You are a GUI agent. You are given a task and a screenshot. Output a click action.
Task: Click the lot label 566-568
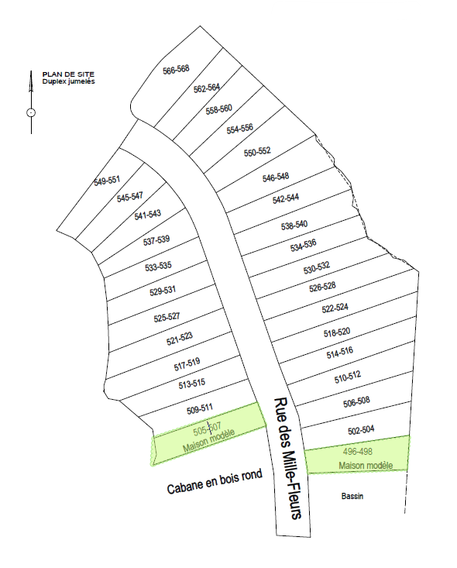(x=176, y=70)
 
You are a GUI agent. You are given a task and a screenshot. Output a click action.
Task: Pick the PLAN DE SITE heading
(x=64, y=75)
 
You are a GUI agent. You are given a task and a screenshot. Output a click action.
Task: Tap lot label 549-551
(x=107, y=181)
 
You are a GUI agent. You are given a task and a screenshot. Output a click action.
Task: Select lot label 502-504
(x=361, y=429)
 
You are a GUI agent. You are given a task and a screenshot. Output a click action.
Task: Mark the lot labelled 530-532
(x=316, y=268)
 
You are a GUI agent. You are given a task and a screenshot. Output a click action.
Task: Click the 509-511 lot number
(x=200, y=408)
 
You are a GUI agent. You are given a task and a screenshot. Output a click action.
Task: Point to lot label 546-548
(x=276, y=177)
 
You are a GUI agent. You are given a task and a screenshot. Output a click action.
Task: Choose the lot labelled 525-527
(x=167, y=317)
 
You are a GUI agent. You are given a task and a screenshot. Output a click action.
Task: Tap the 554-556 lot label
(x=240, y=129)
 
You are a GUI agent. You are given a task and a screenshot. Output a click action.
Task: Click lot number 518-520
(x=337, y=332)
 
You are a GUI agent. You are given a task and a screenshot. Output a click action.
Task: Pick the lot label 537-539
(x=156, y=240)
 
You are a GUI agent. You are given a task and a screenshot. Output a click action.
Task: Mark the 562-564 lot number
(x=207, y=88)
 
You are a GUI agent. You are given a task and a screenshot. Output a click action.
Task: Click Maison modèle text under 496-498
(x=366, y=465)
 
